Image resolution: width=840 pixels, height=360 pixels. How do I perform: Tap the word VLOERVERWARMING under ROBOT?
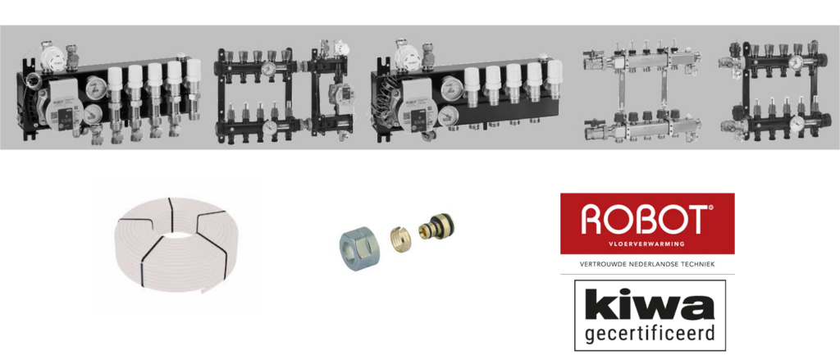pyautogui.click(x=647, y=244)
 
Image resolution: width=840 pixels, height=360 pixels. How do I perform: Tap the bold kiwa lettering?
pyautogui.click(x=650, y=304)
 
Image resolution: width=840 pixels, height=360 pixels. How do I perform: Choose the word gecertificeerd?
pyautogui.click(x=650, y=334)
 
